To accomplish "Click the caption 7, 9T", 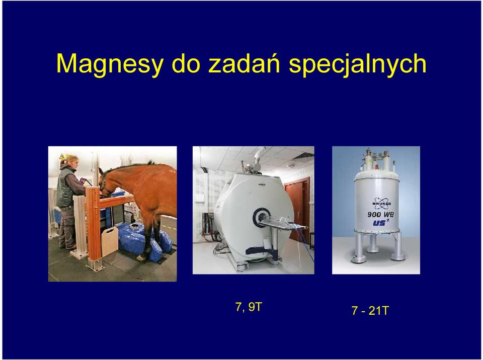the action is click(x=248, y=307).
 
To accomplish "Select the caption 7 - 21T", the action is click(x=370, y=311).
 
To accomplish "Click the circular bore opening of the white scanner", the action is click(x=261, y=217).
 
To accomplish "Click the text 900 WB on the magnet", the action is click(x=380, y=214).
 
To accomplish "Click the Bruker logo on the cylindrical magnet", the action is click(x=382, y=203).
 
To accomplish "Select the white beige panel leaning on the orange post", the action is click(x=110, y=241).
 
